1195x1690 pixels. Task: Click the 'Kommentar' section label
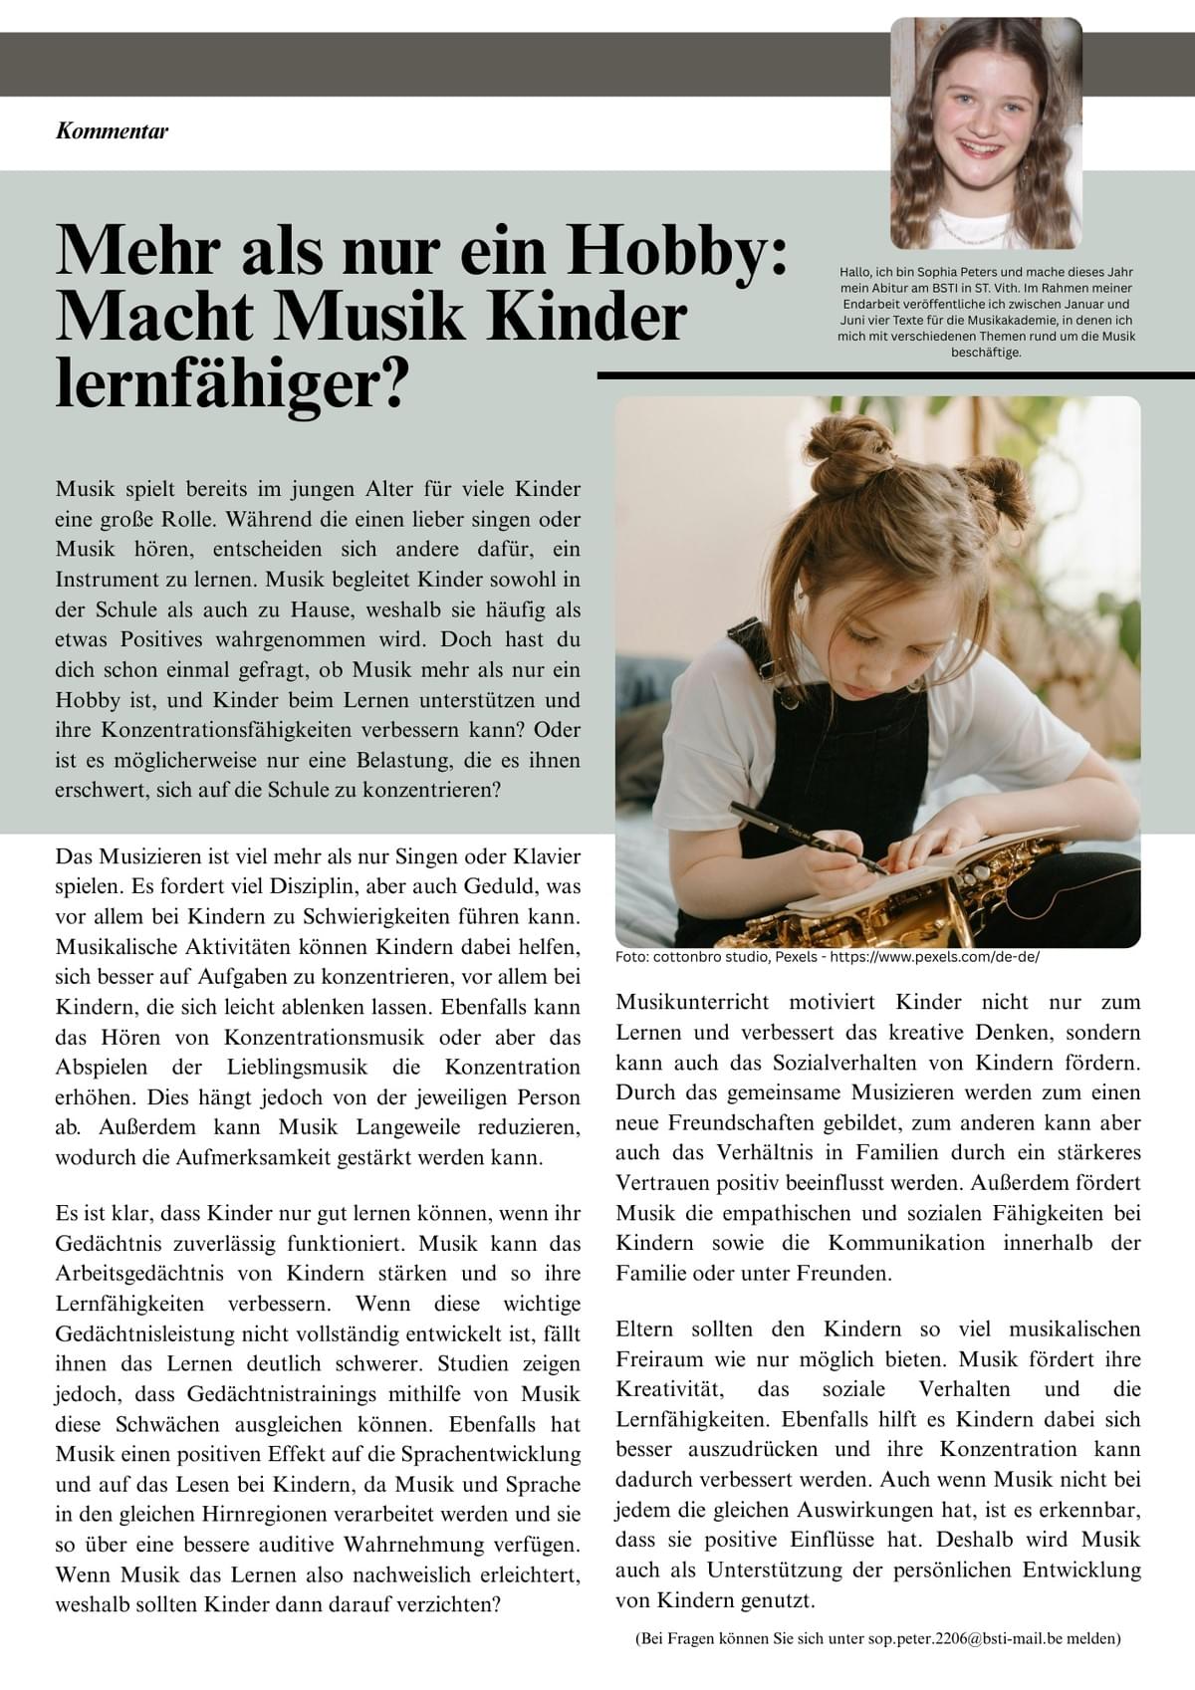(112, 130)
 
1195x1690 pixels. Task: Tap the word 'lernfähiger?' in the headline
(232, 382)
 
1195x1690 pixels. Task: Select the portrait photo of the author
(985, 134)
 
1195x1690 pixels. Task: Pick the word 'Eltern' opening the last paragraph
(644, 1329)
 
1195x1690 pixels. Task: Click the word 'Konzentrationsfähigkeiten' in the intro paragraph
(196, 730)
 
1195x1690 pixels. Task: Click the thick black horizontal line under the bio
(896, 375)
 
